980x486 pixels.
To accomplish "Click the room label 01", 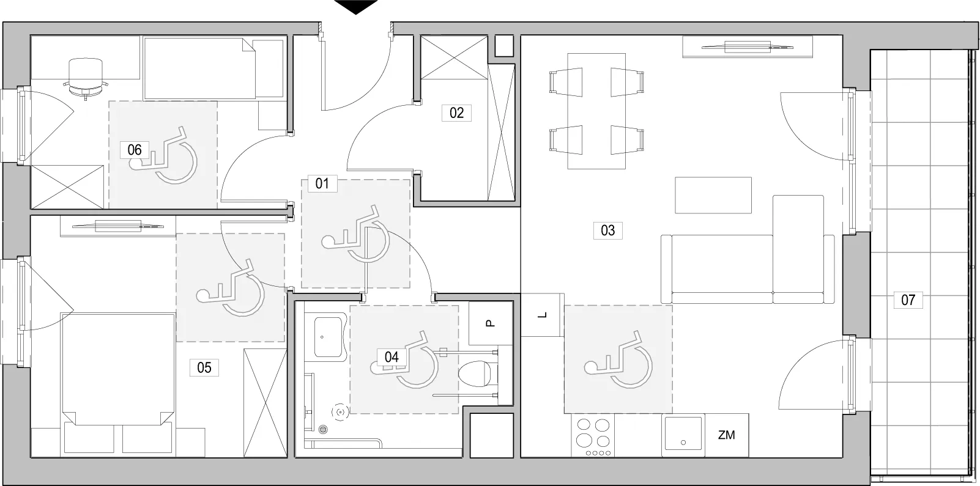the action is [x=322, y=183].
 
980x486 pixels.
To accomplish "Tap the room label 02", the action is [x=456, y=112].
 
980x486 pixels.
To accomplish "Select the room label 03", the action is [x=607, y=230].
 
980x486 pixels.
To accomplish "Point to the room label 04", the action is [x=392, y=357].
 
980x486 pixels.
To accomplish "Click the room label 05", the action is [x=204, y=367].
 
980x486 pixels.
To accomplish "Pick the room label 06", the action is [x=135, y=150].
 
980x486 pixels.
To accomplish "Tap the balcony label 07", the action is [x=908, y=300].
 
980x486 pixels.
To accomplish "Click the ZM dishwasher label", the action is [x=726, y=435].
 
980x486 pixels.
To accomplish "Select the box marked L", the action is [x=542, y=315].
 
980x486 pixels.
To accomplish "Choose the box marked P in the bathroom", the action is [x=491, y=323].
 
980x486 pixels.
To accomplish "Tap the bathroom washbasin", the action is [x=328, y=337].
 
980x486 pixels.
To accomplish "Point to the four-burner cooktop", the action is [x=593, y=435].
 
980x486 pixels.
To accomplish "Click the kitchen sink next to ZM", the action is [x=683, y=434].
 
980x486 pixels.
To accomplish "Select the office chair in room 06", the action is [x=85, y=79].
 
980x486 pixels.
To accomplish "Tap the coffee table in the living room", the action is [x=713, y=196].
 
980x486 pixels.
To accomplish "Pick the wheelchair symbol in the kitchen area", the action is [x=618, y=359].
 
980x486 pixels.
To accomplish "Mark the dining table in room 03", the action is [x=596, y=111].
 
